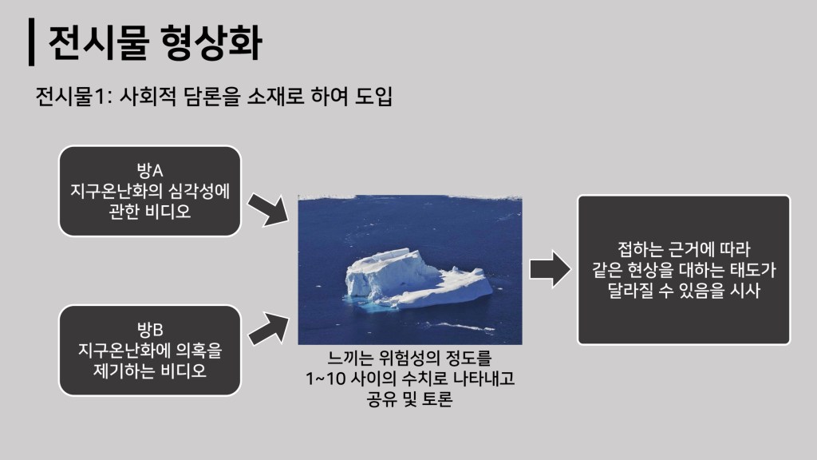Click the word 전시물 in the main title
pyautogui.click(x=99, y=42)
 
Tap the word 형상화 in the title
pyautogui.click(x=211, y=42)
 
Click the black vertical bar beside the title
pyautogui.click(x=32, y=42)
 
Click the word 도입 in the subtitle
pyautogui.click(x=373, y=97)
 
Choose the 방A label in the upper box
pyautogui.click(x=150, y=170)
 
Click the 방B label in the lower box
pyautogui.click(x=150, y=330)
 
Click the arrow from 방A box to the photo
pyautogui.click(x=268, y=210)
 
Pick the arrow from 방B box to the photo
pyautogui.click(x=268, y=329)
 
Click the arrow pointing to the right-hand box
pyautogui.click(x=551, y=270)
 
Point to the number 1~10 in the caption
pyautogui.click(x=326, y=378)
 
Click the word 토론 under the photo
pyautogui.click(x=435, y=399)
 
